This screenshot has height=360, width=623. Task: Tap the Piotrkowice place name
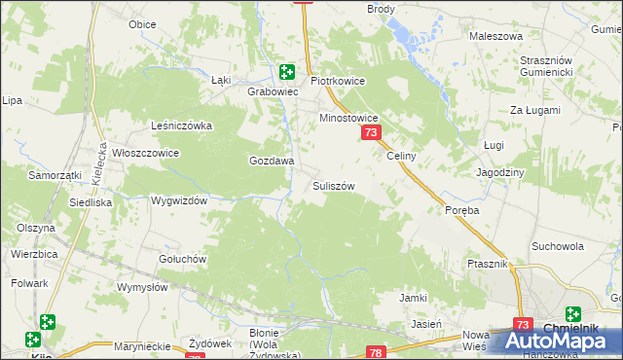[x=337, y=82]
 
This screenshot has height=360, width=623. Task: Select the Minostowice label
[x=349, y=118]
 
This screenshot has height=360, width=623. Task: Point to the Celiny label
[x=401, y=156]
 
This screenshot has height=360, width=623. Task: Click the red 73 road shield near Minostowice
[x=370, y=133]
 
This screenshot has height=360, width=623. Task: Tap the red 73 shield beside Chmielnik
[x=523, y=326]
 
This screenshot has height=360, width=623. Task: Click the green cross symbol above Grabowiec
[x=287, y=71]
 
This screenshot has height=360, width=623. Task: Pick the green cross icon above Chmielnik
[x=572, y=314]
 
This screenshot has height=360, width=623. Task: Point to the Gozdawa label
[x=272, y=161]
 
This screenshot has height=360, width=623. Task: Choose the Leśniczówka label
[x=181, y=126]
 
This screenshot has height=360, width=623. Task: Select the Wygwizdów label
[x=180, y=200]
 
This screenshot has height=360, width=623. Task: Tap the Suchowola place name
[x=558, y=246]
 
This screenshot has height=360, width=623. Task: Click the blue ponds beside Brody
[x=407, y=36]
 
